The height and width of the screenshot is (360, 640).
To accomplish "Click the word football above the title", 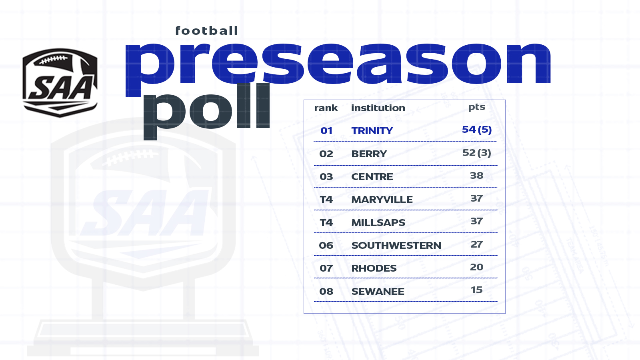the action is point(206,30).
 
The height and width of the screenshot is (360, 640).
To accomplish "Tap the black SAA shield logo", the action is point(60,82).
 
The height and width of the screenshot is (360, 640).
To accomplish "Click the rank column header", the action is point(326,108).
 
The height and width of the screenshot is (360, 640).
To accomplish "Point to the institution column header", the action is point(378,108).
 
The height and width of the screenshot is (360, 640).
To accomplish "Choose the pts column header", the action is point(476,107).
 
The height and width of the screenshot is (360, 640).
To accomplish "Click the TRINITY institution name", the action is point(372,130).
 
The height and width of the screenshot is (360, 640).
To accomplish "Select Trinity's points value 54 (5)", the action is point(477,130).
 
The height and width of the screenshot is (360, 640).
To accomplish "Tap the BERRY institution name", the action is point(369,154).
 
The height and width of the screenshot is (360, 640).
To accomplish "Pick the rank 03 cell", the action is point(326,176).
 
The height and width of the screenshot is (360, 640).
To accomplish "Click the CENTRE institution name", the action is point(372,176).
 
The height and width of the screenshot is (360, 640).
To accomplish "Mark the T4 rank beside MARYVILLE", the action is point(326,199).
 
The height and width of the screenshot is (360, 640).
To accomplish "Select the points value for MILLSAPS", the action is point(476,221).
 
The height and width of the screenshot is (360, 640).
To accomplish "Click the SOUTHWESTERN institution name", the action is point(396,245).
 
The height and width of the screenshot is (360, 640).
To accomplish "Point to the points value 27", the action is point(476,244).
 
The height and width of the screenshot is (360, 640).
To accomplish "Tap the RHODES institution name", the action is point(374,268).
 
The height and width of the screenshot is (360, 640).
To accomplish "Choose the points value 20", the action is point(476,267).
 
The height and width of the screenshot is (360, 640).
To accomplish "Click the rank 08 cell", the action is point(326,291).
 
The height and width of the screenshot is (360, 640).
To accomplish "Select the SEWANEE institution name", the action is point(378,291).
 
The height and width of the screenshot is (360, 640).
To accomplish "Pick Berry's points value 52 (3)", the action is point(476,152).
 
